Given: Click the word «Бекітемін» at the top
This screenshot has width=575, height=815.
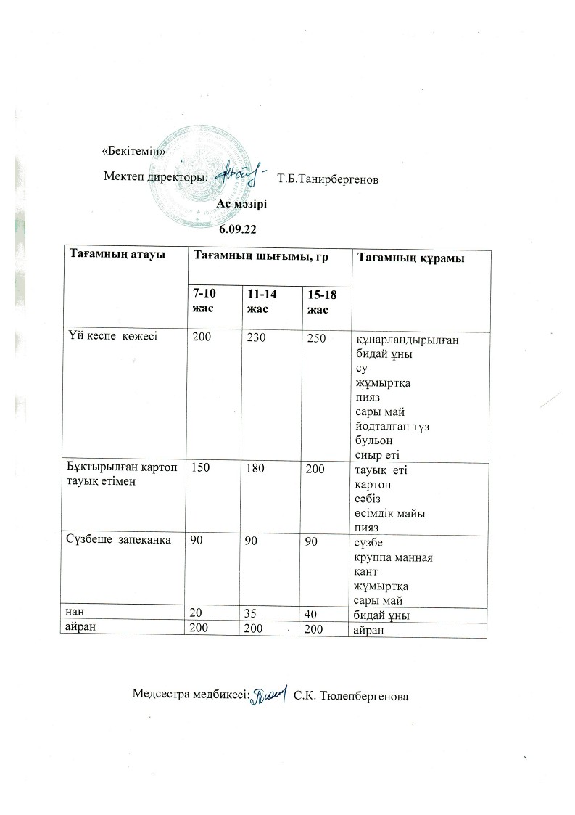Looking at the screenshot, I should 134,152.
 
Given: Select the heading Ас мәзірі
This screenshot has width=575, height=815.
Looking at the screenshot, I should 243,203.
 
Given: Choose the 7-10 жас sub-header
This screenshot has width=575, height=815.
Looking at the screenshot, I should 204,300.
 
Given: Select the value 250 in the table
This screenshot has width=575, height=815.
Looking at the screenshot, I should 317,338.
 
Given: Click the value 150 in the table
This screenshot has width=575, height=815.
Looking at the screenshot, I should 199,470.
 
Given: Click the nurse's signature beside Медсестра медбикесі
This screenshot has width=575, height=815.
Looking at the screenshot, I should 270,695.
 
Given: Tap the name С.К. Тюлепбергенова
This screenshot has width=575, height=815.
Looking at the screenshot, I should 352,696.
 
